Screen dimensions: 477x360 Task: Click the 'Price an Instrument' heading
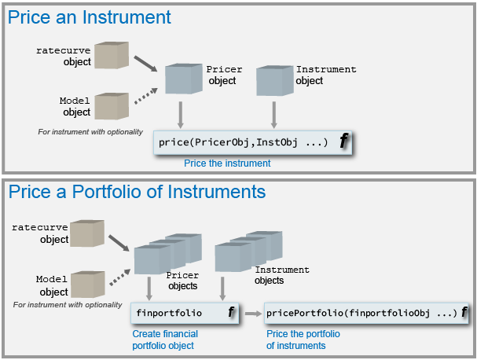coord(89,17)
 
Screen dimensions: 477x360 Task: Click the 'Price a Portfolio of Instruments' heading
coord(137,192)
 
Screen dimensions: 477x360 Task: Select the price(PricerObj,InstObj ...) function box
coord(252,142)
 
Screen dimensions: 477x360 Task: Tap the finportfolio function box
coord(185,313)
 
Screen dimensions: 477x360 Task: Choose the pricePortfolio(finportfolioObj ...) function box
coord(366,313)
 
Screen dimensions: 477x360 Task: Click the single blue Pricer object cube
coord(184,79)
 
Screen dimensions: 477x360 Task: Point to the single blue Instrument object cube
coord(275,80)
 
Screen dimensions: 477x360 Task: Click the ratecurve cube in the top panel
coord(112,55)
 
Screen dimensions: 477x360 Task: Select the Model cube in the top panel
coord(112,106)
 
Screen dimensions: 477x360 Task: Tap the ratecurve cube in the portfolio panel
coord(87,233)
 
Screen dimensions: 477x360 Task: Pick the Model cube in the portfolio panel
coord(88,285)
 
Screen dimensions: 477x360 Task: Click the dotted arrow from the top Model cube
coord(146,96)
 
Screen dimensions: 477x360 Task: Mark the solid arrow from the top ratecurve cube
coord(145,64)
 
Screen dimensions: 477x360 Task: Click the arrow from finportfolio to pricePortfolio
coord(253,314)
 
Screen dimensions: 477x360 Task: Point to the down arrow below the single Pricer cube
coord(181,115)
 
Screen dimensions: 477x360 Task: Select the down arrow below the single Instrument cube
coord(274,115)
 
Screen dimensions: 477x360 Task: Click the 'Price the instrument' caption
coord(227,163)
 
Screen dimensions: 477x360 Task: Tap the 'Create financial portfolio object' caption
coord(165,340)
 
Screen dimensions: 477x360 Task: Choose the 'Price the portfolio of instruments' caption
coord(303,340)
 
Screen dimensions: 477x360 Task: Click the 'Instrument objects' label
coord(282,275)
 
